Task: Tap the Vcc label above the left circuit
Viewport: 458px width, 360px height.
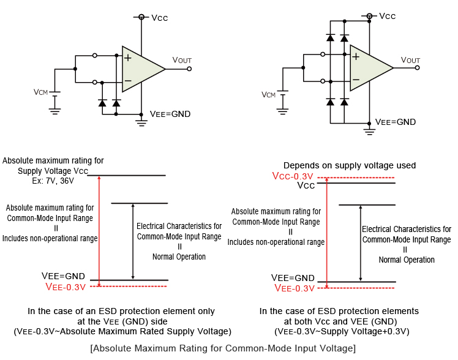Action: click(x=159, y=18)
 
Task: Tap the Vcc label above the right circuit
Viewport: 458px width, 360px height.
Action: click(x=388, y=16)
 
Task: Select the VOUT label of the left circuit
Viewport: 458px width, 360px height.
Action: click(x=182, y=60)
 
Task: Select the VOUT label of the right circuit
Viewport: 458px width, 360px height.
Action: click(x=410, y=59)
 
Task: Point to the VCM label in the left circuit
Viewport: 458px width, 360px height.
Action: click(x=40, y=92)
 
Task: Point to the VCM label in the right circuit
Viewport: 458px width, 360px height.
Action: click(x=268, y=94)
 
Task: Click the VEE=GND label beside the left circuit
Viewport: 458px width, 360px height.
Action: click(x=170, y=114)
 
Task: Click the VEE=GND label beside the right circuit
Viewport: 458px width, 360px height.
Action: click(x=395, y=122)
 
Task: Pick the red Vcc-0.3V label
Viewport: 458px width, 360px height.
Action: click(x=294, y=176)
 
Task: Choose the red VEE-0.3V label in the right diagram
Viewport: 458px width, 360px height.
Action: click(x=295, y=288)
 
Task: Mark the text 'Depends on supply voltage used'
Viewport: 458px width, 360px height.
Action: click(x=349, y=165)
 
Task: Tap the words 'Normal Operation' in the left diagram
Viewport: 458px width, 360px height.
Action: click(x=179, y=257)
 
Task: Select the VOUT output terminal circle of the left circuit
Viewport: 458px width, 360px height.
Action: click(x=189, y=69)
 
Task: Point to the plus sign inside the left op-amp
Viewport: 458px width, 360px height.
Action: click(x=127, y=58)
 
